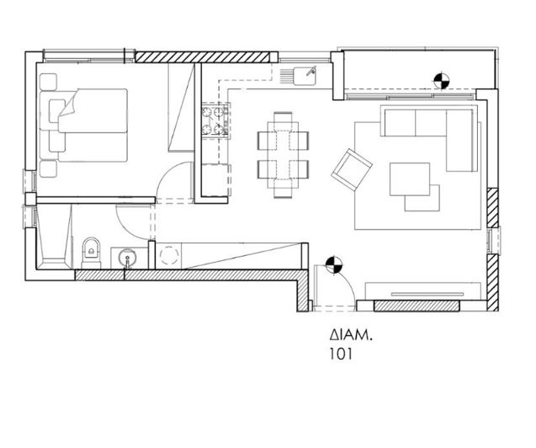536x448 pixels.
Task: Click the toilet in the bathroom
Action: click(x=91, y=253)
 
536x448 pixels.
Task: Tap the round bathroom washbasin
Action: click(x=127, y=256)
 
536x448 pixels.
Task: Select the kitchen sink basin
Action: click(x=305, y=76)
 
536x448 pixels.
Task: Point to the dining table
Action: click(x=284, y=155)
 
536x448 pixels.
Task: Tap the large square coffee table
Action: click(x=410, y=179)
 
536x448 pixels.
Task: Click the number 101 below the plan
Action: click(x=341, y=354)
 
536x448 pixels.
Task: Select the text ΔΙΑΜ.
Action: click(x=350, y=335)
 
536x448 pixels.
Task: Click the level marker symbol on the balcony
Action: click(x=442, y=81)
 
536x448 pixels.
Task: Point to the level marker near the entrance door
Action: click(x=333, y=265)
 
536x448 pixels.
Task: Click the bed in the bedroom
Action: click(x=84, y=125)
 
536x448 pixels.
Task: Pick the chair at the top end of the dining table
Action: click(x=283, y=117)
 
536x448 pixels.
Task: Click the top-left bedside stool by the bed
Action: click(x=48, y=82)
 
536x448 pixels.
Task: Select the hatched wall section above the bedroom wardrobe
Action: click(x=202, y=57)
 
